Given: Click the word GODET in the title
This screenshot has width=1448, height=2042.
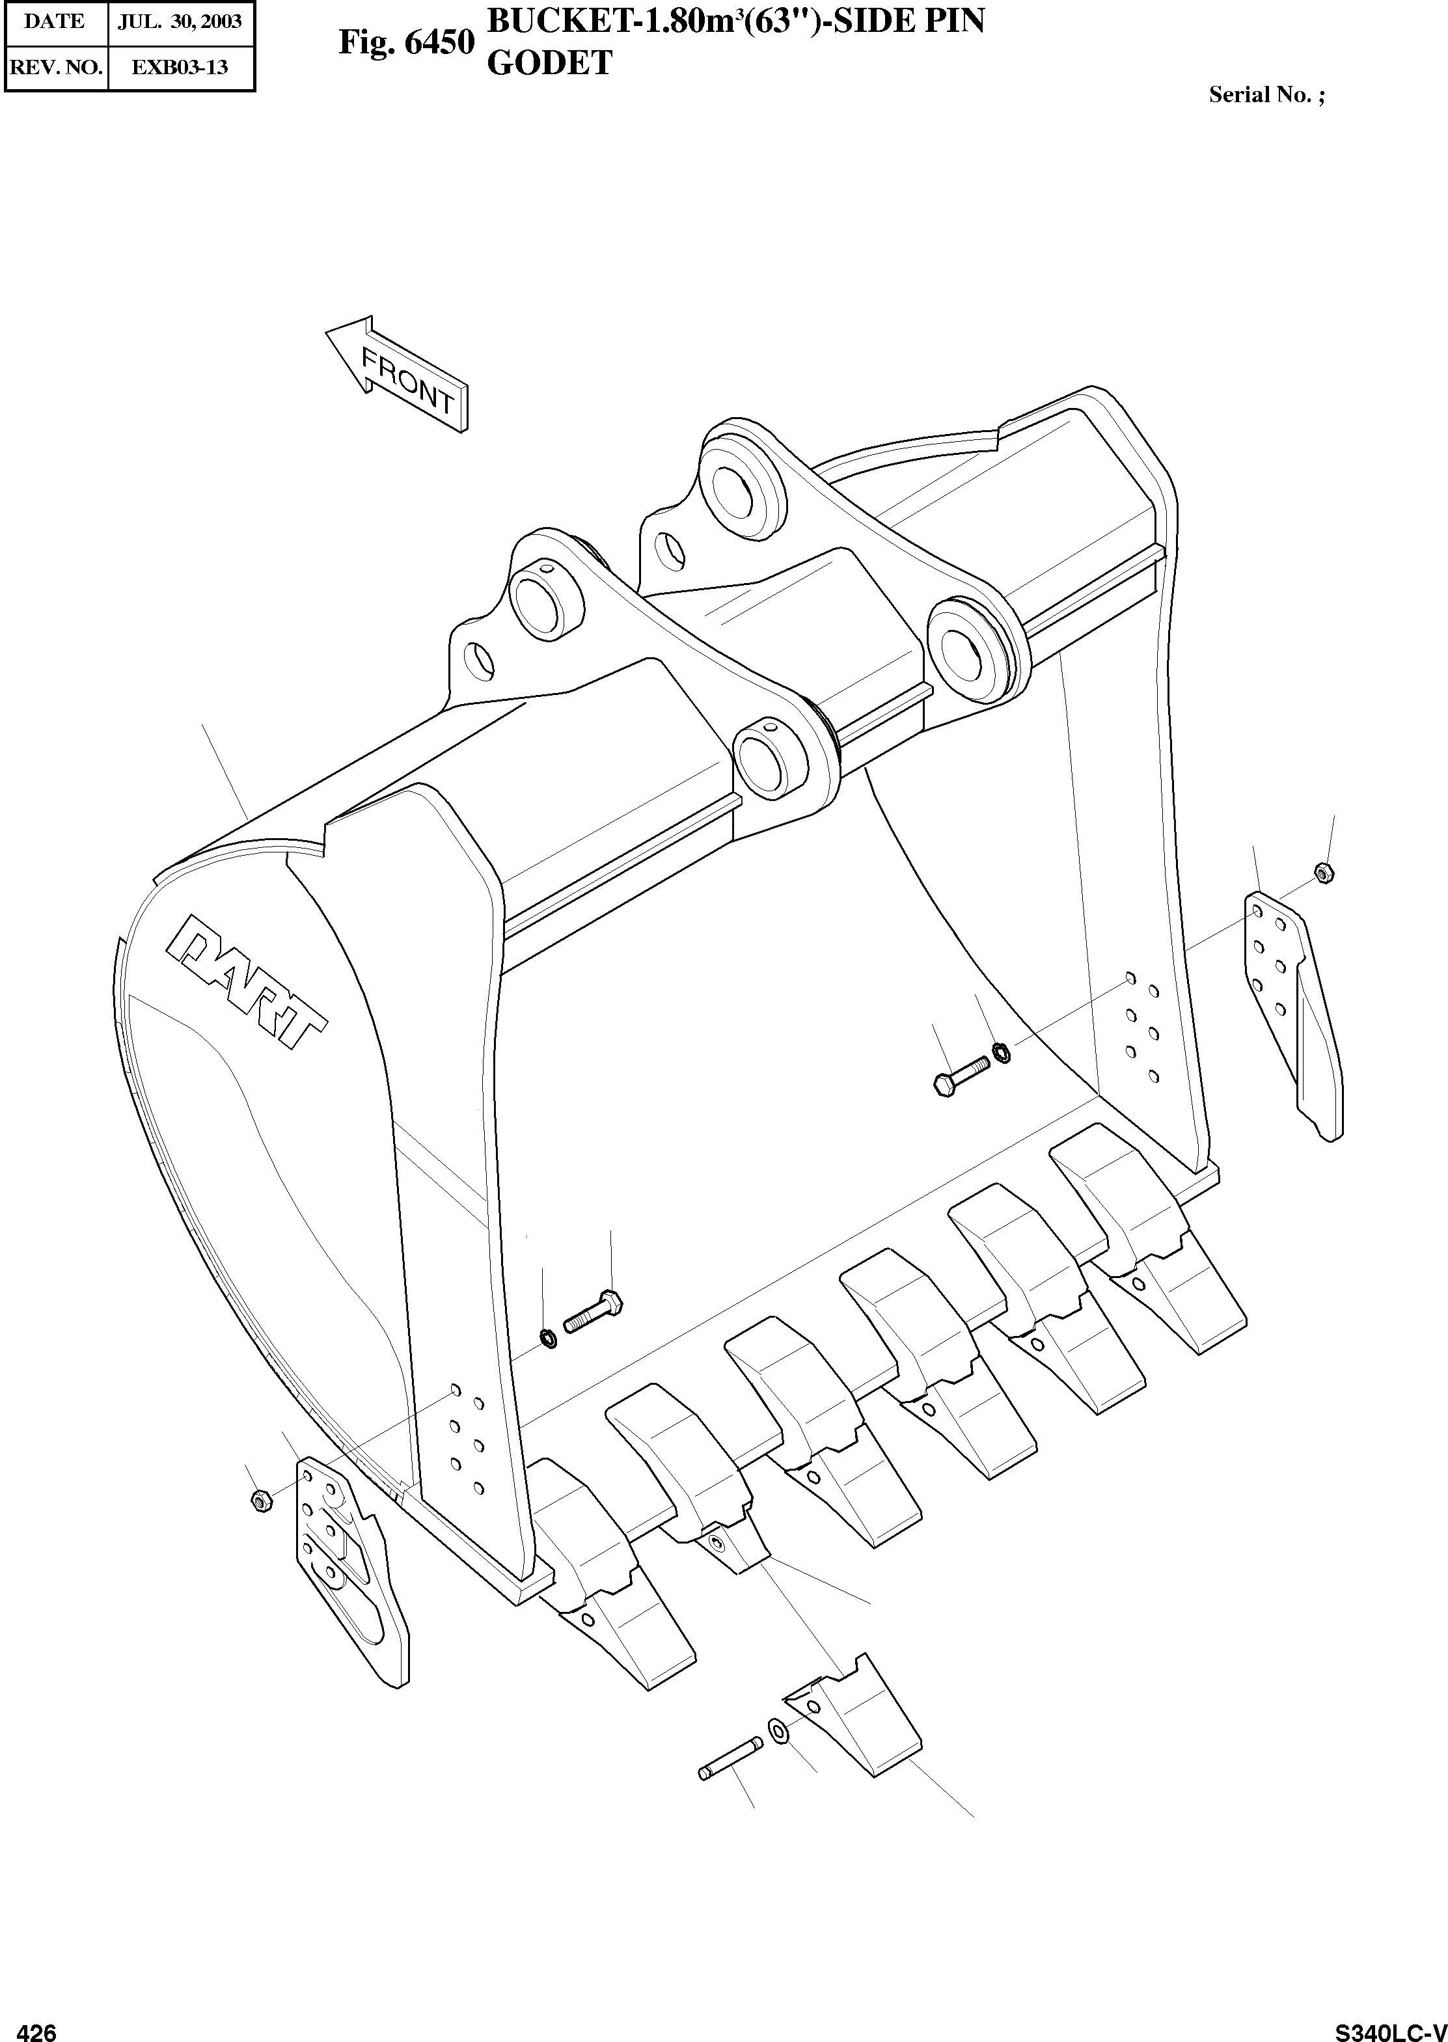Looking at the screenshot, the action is click(x=549, y=62).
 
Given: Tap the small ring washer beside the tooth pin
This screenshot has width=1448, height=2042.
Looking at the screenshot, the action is click(x=778, y=1731).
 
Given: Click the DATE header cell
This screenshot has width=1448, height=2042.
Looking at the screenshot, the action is click(x=55, y=21).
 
